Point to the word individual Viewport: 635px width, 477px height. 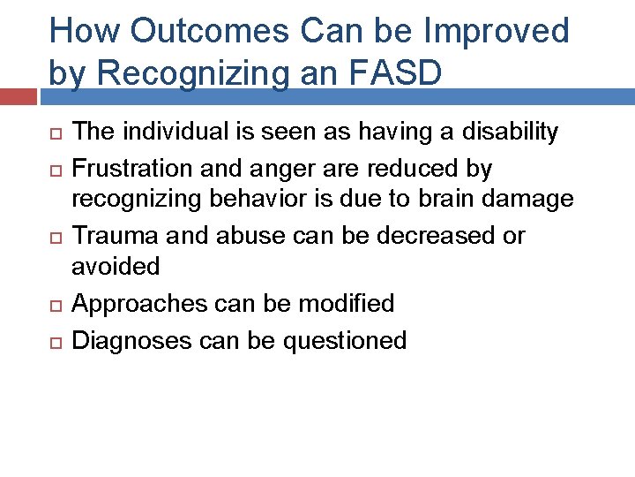pyautogui.click(x=165, y=132)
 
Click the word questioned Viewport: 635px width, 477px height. pyautogui.click(x=346, y=340)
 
